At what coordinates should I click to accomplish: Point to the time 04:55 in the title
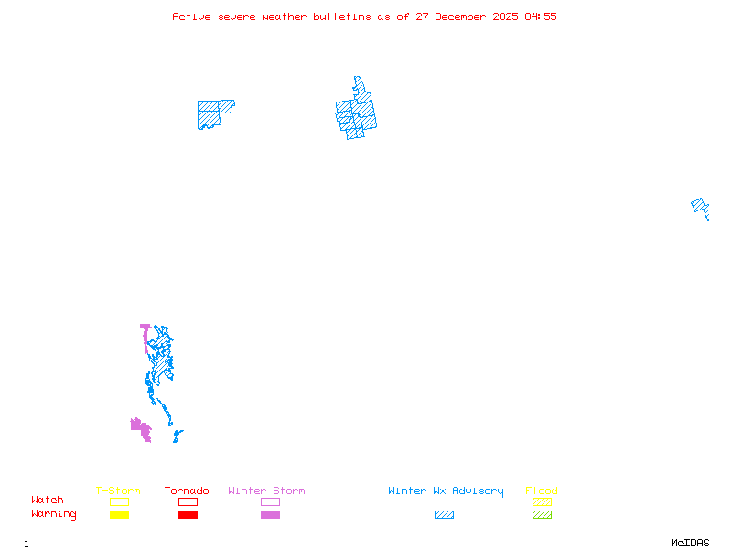point(541,16)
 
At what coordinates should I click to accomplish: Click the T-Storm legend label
point(118,491)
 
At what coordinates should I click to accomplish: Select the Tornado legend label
point(187,491)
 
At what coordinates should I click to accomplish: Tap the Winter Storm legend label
point(266,491)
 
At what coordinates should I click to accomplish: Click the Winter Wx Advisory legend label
point(446,491)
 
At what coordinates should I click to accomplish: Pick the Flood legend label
point(542,491)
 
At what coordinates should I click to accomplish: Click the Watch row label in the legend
point(48,501)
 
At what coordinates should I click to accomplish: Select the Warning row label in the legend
point(54,514)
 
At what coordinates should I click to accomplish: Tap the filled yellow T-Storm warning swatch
point(119,515)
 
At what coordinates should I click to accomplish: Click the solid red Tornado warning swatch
point(188,515)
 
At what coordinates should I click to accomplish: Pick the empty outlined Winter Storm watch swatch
point(270,502)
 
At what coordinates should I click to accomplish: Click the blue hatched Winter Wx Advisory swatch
point(444,515)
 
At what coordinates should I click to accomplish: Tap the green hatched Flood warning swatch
point(542,515)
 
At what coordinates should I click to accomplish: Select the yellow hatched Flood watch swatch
point(542,502)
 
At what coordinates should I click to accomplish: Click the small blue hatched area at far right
point(700,207)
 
